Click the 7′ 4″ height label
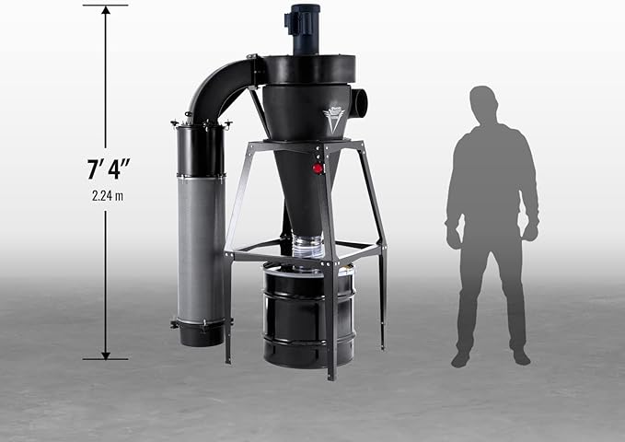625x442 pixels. click(109, 169)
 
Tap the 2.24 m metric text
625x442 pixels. click(108, 196)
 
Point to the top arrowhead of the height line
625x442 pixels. click(106, 10)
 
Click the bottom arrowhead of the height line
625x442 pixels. click(106, 355)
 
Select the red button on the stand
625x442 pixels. click(318, 169)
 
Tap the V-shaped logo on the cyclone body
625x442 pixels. click(331, 120)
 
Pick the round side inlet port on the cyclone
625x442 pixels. click(360, 103)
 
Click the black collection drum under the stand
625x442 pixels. click(308, 315)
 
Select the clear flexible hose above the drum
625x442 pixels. click(307, 248)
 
